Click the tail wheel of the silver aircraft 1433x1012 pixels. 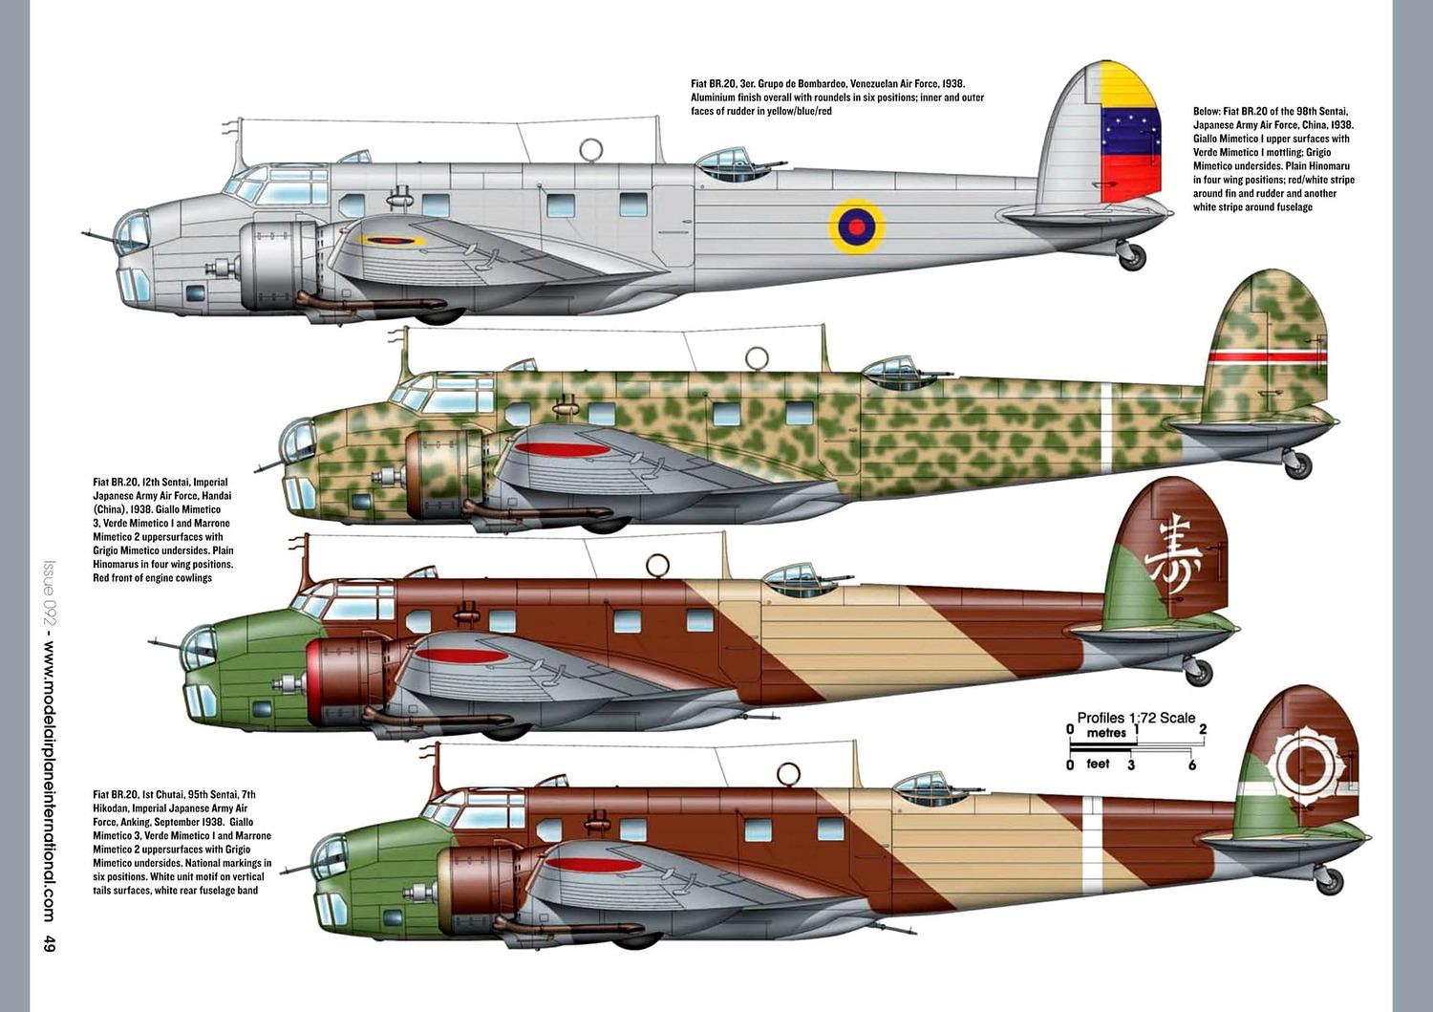1132,256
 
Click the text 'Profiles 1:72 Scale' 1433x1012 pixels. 1136,718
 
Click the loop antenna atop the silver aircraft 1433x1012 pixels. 591,149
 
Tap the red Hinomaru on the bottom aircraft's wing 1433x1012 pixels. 585,867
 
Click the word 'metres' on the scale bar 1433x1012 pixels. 1106,733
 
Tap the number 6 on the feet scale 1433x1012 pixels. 1191,764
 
